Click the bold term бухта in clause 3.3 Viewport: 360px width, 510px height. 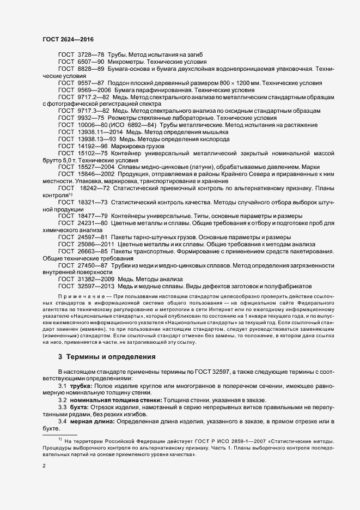coord(79,407)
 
